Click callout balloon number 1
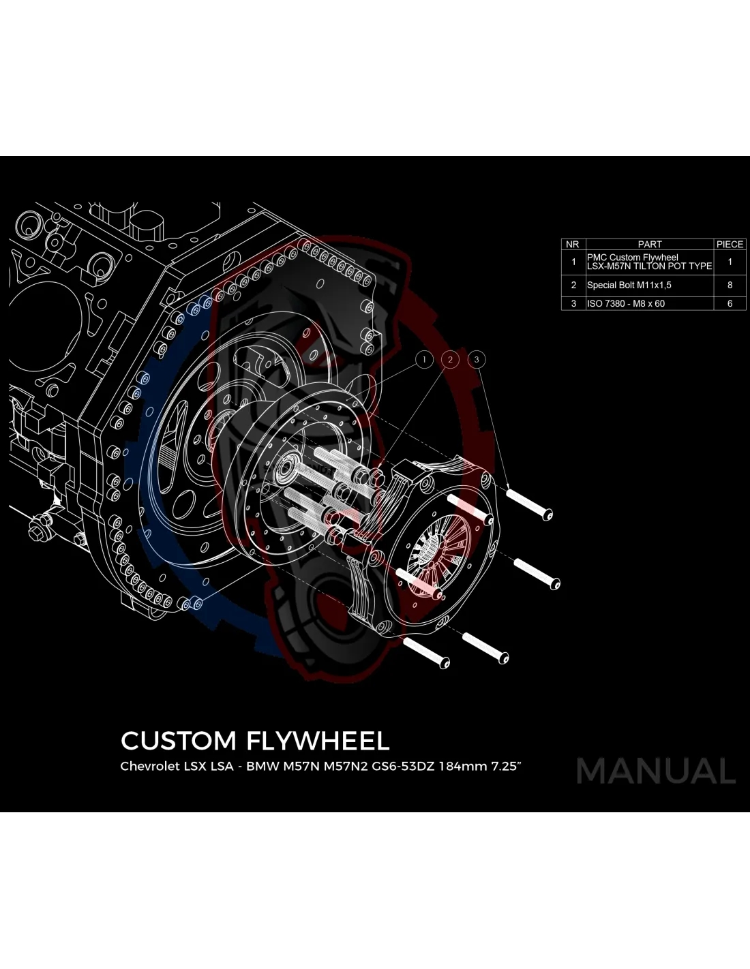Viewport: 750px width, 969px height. pyautogui.click(x=424, y=359)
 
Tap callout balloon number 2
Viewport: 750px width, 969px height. pyautogui.click(x=450, y=359)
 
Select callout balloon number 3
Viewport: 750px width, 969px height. pyautogui.click(x=477, y=359)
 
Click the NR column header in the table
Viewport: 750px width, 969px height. pyautogui.click(x=573, y=244)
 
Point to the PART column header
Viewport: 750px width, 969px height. pyautogui.click(x=649, y=244)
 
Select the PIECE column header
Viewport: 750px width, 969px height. pyautogui.click(x=730, y=244)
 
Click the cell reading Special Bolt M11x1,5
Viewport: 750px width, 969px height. pyautogui.click(x=629, y=285)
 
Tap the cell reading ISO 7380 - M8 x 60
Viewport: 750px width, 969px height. pyautogui.click(x=625, y=303)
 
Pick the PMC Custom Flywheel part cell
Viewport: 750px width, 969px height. pyautogui.click(x=648, y=262)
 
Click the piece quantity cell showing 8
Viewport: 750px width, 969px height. pyautogui.click(x=730, y=285)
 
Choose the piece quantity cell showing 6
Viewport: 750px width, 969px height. pyautogui.click(x=730, y=303)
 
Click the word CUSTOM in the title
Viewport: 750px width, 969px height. pyautogui.click(x=178, y=741)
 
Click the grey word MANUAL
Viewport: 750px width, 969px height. pyautogui.click(x=656, y=771)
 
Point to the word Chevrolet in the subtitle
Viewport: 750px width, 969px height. pyautogui.click(x=149, y=766)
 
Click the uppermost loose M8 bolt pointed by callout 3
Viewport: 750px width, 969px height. pyautogui.click(x=530, y=503)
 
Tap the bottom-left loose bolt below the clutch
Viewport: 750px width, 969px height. pyautogui.click(x=427, y=652)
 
